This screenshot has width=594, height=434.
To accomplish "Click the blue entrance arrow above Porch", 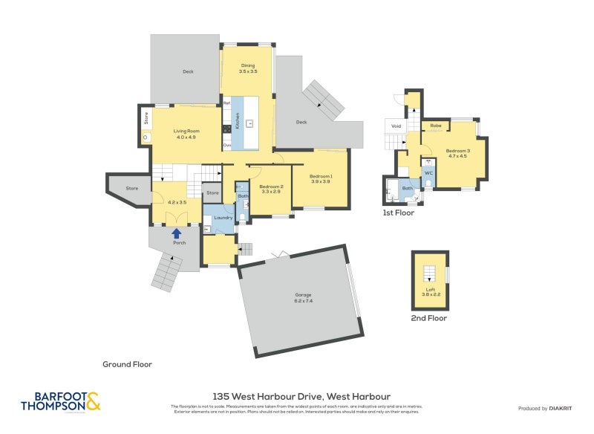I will (177, 233).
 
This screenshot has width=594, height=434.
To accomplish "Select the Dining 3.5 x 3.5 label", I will (248, 68).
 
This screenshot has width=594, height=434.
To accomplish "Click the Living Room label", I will (186, 134).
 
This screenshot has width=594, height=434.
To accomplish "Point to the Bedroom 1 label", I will (321, 178).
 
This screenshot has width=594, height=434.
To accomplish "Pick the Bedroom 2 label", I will (270, 189).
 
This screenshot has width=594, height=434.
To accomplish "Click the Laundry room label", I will (223, 218).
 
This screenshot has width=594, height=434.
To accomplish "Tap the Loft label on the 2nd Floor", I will (430, 292).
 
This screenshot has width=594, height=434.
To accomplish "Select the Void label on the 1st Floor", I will (396, 126).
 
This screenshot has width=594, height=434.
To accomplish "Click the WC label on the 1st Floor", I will (428, 173).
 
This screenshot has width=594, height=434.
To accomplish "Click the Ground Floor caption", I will (127, 364).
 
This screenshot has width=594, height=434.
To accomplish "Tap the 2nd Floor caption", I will (429, 318).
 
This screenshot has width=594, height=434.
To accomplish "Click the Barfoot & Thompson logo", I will (60, 401).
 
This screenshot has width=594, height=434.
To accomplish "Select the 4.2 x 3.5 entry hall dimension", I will (177, 202).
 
